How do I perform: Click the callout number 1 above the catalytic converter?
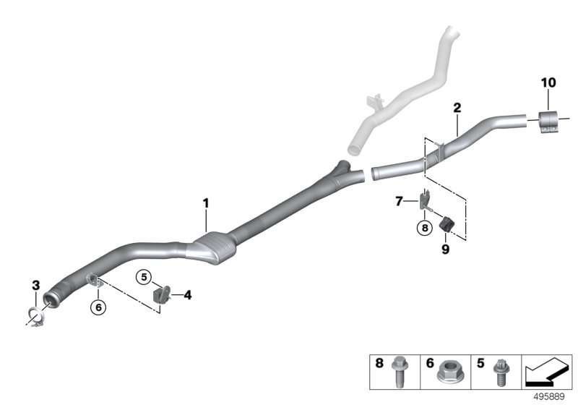(206, 203)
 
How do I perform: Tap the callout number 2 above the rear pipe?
(457, 108)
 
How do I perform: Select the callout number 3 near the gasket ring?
(35, 285)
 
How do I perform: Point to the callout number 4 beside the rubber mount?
(188, 295)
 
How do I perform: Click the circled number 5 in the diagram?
(144, 277)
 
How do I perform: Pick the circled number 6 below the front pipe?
(98, 307)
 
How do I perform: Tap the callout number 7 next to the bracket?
(399, 201)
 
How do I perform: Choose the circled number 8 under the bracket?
(425, 228)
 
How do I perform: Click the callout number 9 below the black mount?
(446, 250)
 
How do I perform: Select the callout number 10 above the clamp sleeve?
(548, 82)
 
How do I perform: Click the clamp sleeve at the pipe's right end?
(549, 121)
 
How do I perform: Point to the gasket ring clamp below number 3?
(37, 317)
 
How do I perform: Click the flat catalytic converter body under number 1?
(211, 249)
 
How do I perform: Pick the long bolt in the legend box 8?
(399, 372)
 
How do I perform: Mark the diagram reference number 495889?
(549, 397)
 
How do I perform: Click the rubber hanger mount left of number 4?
(161, 295)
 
